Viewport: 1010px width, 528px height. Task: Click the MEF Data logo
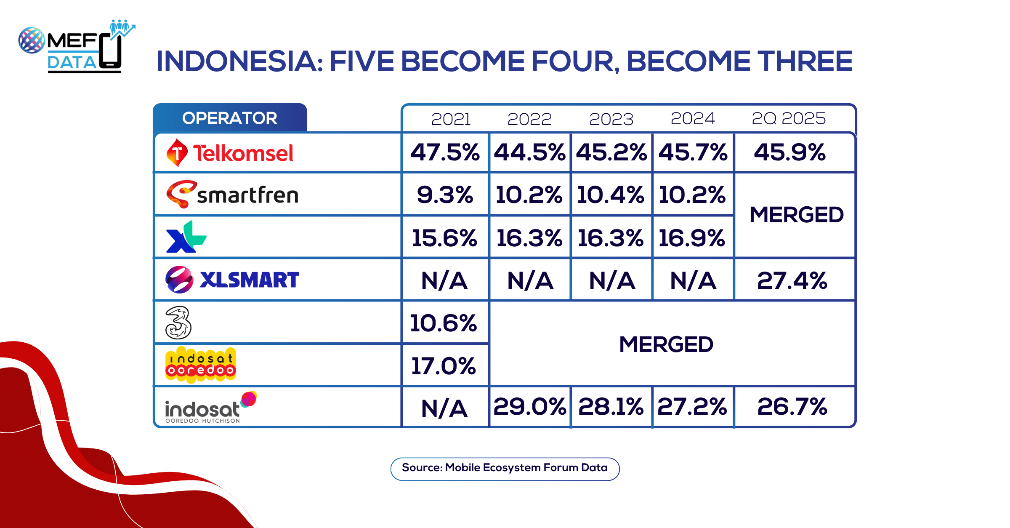pyautogui.click(x=77, y=46)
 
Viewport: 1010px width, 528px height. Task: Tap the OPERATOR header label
pyautogui.click(x=230, y=118)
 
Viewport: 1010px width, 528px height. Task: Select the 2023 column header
pyautogui.click(x=611, y=119)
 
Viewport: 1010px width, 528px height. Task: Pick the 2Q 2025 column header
pyautogui.click(x=789, y=118)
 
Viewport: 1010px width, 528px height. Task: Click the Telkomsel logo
pyautogui.click(x=230, y=152)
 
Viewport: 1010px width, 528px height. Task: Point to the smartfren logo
pyautogui.click(x=232, y=195)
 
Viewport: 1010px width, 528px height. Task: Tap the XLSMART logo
pyautogui.click(x=232, y=280)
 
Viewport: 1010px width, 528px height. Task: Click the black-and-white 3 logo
pyautogui.click(x=178, y=323)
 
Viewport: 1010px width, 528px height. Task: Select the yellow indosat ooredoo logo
pyautogui.click(x=201, y=365)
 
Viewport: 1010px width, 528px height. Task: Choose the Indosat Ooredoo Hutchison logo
pyautogui.click(x=211, y=407)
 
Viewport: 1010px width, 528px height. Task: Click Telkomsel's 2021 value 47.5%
pyautogui.click(x=445, y=152)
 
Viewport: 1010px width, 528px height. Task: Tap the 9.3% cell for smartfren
pyautogui.click(x=445, y=195)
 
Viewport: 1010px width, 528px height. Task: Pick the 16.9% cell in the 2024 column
pyautogui.click(x=692, y=238)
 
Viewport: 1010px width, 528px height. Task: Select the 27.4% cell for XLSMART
pyautogui.click(x=792, y=280)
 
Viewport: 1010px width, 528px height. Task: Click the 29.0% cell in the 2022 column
pyautogui.click(x=529, y=406)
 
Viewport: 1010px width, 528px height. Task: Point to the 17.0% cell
pyautogui.click(x=444, y=365)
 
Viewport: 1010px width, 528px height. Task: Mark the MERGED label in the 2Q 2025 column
pyautogui.click(x=797, y=215)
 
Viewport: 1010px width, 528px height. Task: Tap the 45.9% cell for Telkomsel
pyautogui.click(x=790, y=152)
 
